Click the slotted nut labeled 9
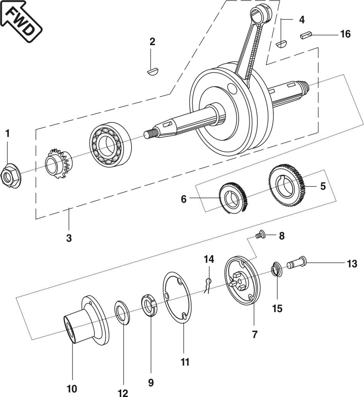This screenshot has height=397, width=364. point(150,305)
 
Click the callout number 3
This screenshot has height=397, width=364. point(69,238)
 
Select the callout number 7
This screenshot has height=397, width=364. point(255,334)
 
